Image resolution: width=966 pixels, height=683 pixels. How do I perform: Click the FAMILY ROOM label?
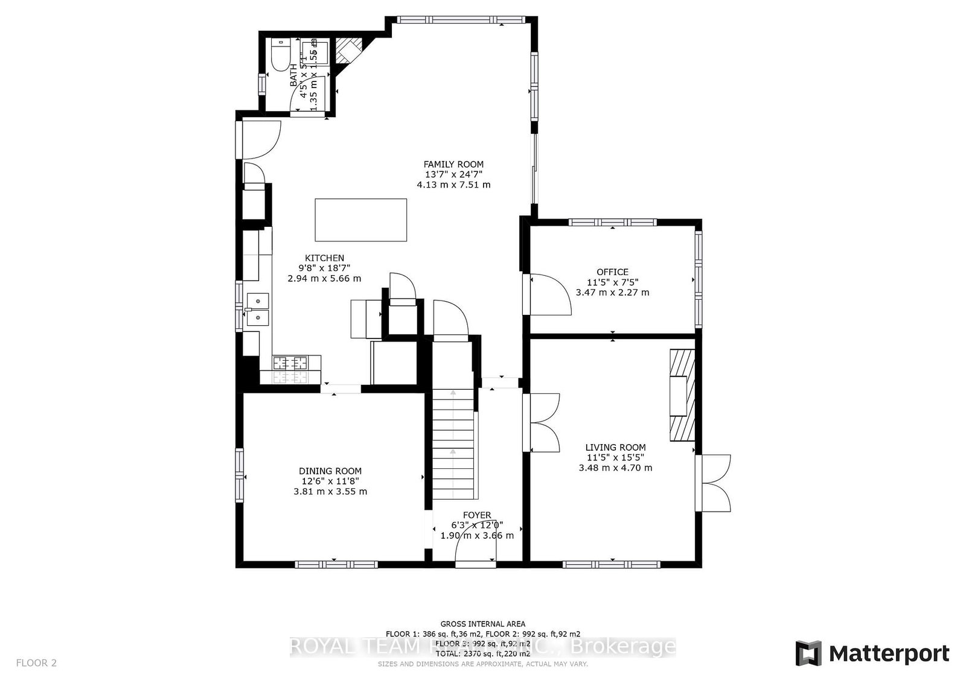(x=453, y=164)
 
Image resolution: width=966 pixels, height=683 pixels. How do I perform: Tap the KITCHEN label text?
(x=324, y=258)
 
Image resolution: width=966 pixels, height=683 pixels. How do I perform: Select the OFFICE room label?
(x=612, y=272)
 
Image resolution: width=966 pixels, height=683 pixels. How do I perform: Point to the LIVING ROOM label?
(x=615, y=448)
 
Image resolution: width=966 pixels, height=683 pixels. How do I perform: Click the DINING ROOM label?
(x=330, y=471)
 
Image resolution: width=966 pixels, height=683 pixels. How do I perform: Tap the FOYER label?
(x=477, y=515)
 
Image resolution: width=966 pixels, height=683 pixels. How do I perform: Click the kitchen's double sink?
(x=258, y=308)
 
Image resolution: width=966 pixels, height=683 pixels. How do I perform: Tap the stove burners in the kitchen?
(x=290, y=363)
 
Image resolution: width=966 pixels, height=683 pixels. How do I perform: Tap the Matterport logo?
(x=872, y=654)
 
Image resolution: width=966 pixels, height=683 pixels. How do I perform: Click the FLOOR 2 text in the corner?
(x=36, y=663)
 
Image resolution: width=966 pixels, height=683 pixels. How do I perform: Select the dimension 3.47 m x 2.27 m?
(x=612, y=293)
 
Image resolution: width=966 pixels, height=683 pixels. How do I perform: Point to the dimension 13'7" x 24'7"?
(x=453, y=174)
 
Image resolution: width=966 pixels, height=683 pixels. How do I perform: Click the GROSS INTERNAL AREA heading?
(x=482, y=624)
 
